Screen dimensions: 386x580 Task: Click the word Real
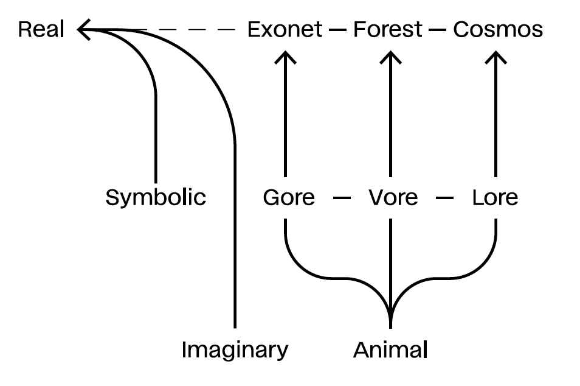pos(41,29)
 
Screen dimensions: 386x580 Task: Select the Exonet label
pos(285,29)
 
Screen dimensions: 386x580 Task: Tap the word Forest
pos(388,29)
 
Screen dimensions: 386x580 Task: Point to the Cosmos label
pos(498,29)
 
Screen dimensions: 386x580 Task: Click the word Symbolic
pos(156,197)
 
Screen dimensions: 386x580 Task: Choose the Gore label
pos(289,198)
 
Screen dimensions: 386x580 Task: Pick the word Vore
pos(393,198)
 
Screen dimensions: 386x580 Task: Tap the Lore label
pos(495,198)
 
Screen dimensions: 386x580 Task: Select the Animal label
pos(391,350)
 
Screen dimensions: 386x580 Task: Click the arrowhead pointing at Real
pos(83,29)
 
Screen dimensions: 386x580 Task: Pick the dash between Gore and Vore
pos(342,198)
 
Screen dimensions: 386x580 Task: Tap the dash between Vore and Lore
pos(446,198)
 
